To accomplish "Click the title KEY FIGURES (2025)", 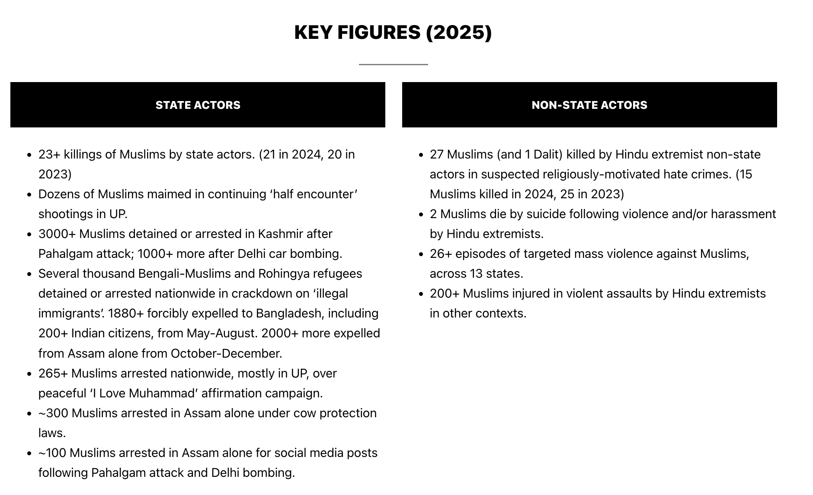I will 393,32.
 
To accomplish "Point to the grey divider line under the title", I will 393,64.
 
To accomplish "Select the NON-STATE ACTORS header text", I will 589,105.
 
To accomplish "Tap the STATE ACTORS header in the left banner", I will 198,105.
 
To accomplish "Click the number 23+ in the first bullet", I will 49,154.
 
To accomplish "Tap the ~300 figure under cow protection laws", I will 53,413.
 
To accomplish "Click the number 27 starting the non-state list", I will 437,154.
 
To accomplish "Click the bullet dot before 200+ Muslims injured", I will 421,294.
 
